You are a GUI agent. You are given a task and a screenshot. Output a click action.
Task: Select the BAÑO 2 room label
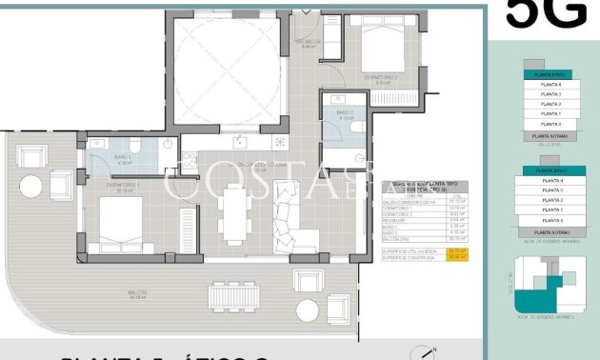tap(345, 114)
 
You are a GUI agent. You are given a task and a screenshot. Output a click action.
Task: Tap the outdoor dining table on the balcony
tap(233, 296)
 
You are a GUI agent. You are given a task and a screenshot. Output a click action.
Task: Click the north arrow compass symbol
tap(429, 352)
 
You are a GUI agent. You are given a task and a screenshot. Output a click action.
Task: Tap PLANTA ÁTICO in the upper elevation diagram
tap(550, 73)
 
